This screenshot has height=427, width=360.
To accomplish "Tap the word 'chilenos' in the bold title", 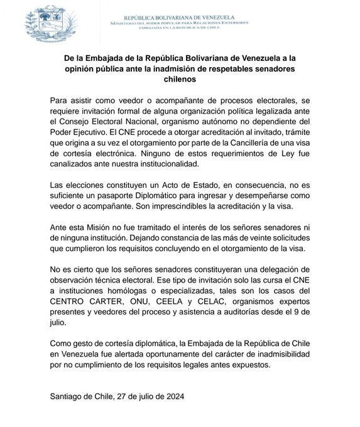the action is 179,80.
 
